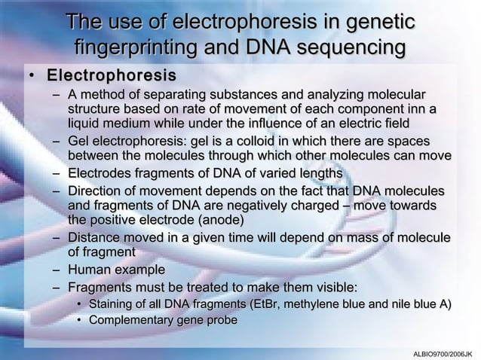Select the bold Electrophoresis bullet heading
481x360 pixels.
pyautogui.click(x=112, y=77)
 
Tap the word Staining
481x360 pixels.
pyautogui.click(x=112, y=304)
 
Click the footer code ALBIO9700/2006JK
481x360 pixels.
pyautogui.click(x=443, y=352)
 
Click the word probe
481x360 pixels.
pyautogui.click(x=222, y=320)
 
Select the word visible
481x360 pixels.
pyautogui.click(x=333, y=287)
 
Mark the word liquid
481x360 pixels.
pyautogui.click(x=85, y=124)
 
